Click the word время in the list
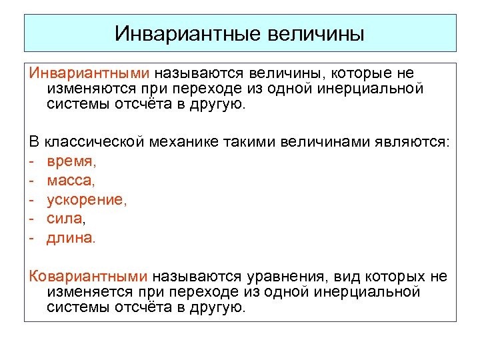click(71, 161)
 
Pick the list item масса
click(71, 181)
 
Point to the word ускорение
click(86, 200)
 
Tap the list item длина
click(70, 238)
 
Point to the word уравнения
click(281, 276)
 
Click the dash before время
click(32, 162)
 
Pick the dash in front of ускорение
click(32, 201)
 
